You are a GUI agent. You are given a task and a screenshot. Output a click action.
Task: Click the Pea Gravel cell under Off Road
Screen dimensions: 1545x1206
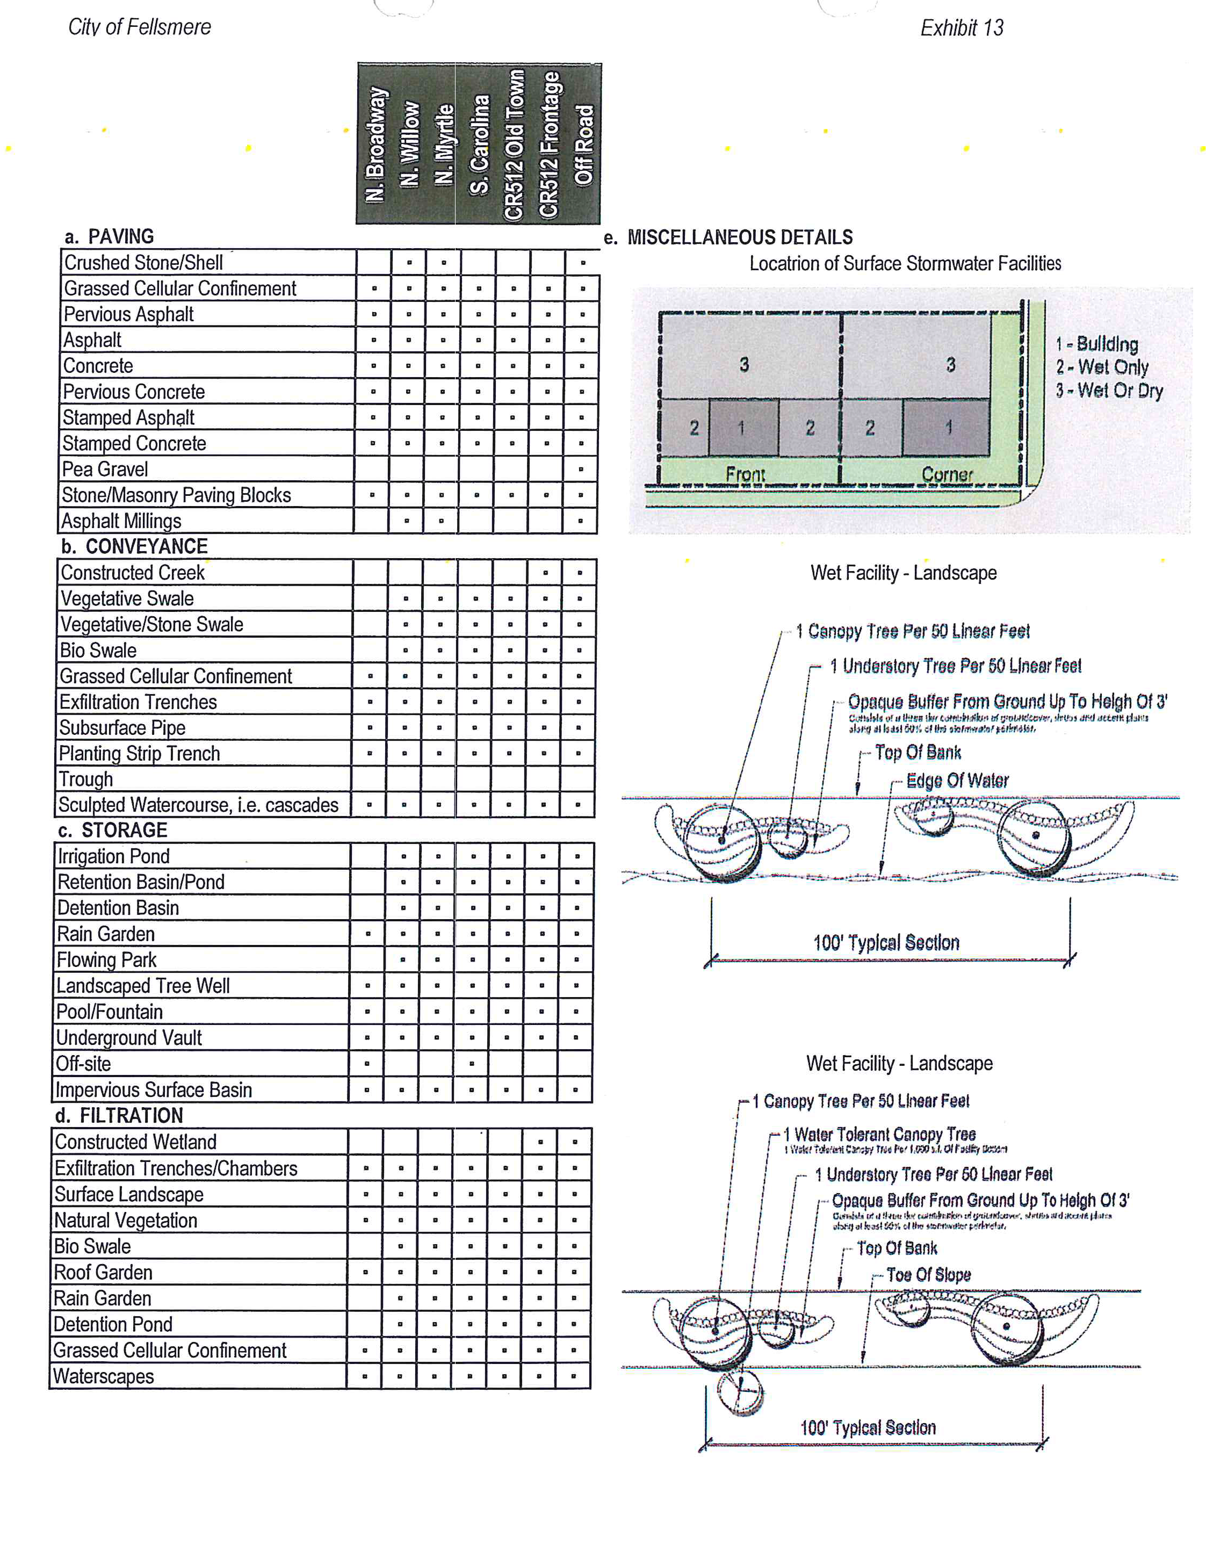point(581,469)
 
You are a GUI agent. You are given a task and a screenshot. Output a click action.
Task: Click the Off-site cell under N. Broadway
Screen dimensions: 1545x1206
point(367,1063)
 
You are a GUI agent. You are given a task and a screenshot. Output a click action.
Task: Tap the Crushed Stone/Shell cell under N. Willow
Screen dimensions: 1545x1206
point(409,263)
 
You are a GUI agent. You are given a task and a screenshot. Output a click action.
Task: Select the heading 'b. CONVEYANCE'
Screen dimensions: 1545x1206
point(134,546)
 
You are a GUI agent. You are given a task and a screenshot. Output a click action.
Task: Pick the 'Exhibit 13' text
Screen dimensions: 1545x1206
point(961,27)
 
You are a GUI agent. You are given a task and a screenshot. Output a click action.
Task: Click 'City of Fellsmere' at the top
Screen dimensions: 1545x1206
point(139,27)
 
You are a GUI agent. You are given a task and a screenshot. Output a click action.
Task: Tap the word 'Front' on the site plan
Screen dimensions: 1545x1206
point(746,473)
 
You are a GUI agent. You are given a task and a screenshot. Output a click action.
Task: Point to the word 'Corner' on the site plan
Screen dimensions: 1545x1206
point(947,474)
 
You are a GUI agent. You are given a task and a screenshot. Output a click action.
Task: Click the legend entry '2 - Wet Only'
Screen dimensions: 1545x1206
point(1101,367)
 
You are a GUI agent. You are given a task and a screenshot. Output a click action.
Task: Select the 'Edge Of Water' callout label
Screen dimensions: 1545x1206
point(957,780)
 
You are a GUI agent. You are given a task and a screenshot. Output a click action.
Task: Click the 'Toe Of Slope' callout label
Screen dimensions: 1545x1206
point(928,1275)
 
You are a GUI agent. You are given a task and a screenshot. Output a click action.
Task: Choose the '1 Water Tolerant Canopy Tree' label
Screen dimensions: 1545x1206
point(880,1135)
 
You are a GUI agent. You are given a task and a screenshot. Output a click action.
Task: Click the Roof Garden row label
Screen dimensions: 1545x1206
point(103,1272)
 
